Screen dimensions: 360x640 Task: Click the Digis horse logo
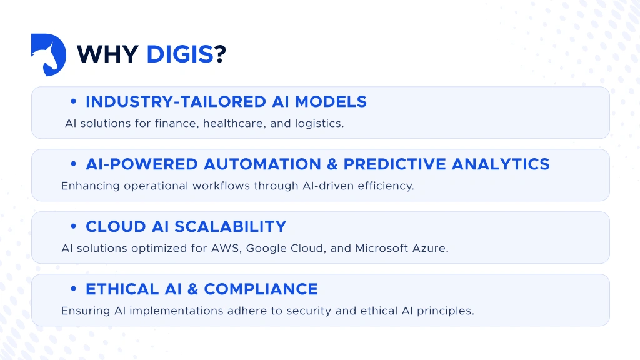[48, 55]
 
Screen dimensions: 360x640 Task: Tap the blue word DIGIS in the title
[180, 55]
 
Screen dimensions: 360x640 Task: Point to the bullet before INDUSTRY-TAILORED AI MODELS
[74, 102]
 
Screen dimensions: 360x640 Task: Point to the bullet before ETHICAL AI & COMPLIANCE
[74, 289]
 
